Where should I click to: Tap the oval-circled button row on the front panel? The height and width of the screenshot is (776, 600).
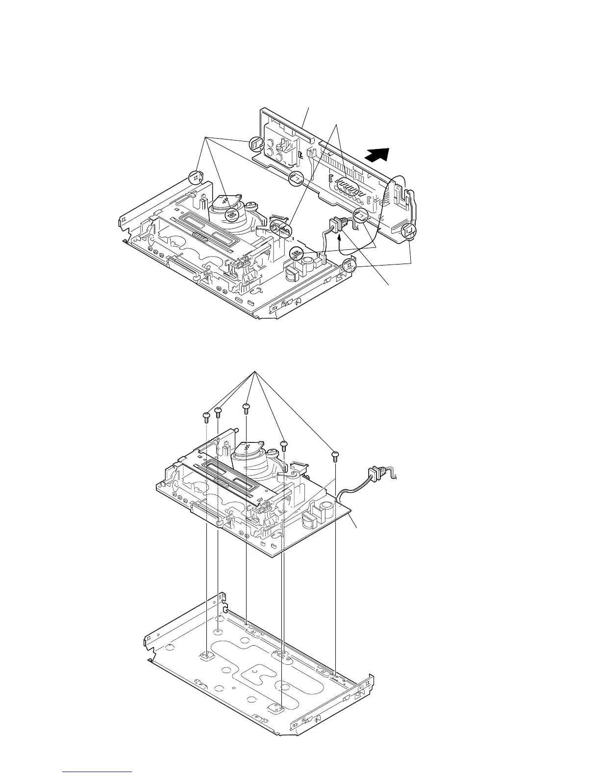click(x=348, y=187)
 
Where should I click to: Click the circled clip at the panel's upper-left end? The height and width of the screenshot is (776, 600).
click(x=257, y=144)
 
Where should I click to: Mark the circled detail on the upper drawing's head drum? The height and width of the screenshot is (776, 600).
click(x=231, y=215)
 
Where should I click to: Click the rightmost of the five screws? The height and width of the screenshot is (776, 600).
click(x=335, y=455)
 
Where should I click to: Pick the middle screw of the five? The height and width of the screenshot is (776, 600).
click(x=247, y=408)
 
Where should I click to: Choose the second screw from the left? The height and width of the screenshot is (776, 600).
click(x=219, y=411)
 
